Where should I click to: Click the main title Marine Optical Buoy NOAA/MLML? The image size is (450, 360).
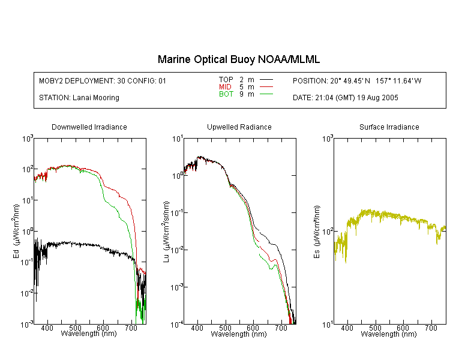(x=238, y=59)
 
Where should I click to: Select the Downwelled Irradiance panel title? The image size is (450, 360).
(x=89, y=127)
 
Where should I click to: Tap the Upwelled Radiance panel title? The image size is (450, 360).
(x=239, y=127)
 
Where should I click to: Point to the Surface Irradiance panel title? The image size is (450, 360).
(x=389, y=127)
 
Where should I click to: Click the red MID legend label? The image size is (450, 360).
(x=225, y=86)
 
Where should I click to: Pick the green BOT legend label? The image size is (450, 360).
(x=226, y=94)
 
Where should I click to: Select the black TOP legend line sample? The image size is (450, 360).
(x=266, y=79)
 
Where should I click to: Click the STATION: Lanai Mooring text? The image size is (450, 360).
(x=79, y=98)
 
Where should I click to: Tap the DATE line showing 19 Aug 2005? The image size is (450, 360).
(x=345, y=98)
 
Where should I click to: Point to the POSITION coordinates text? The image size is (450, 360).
(x=357, y=81)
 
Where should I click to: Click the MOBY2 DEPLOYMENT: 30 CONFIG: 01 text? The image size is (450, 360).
(x=103, y=81)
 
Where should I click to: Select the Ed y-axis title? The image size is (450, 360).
(x=16, y=231)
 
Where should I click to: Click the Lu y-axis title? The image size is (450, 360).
(x=166, y=232)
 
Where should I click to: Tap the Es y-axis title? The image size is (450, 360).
(x=317, y=232)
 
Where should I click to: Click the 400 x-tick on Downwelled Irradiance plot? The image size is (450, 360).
(x=47, y=328)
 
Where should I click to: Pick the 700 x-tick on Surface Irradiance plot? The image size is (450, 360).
(x=431, y=328)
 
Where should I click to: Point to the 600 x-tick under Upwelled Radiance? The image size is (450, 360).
(x=253, y=328)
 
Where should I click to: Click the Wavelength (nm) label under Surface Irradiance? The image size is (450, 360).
(x=389, y=334)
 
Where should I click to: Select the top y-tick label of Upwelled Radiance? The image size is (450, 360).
(x=178, y=139)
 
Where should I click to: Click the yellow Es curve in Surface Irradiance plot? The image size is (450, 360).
(x=390, y=216)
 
